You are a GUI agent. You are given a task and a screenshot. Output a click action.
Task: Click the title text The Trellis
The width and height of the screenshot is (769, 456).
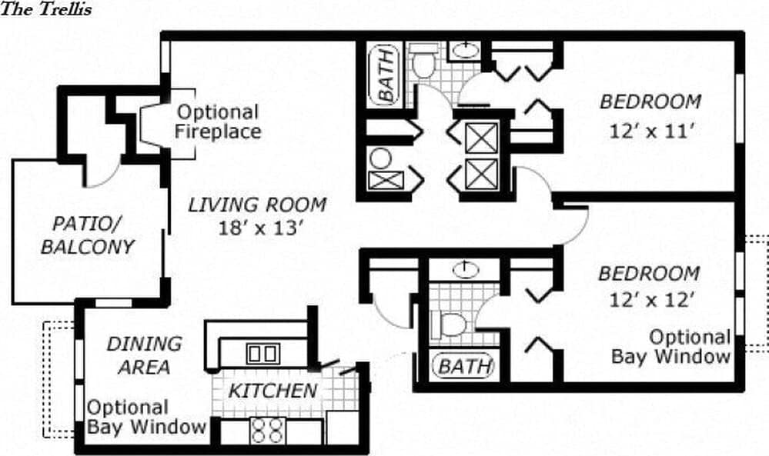click(46, 9)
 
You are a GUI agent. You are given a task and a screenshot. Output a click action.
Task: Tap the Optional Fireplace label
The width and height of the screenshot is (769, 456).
click(217, 121)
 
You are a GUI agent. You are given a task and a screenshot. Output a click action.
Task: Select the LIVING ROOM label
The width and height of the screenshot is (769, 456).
click(257, 205)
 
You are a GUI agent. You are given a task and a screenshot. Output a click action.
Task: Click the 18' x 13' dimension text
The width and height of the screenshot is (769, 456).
click(258, 228)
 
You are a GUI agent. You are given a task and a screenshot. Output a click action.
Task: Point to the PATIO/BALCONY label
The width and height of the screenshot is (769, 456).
click(87, 235)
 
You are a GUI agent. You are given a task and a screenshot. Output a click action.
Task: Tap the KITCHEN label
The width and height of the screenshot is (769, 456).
click(272, 391)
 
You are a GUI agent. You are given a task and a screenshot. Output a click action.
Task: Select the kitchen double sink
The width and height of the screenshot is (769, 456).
click(262, 354)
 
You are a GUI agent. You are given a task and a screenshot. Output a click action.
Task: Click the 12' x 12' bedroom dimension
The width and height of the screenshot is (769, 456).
click(651, 300)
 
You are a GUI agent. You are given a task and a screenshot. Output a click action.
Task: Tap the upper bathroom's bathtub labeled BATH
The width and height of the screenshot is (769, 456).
click(386, 74)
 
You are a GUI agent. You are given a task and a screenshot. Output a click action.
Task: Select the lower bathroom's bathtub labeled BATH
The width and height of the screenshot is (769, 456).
click(463, 366)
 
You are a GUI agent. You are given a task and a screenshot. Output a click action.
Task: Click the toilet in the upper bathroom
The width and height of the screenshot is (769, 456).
click(423, 62)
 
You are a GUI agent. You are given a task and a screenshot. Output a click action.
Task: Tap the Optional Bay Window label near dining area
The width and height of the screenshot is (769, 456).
click(145, 417)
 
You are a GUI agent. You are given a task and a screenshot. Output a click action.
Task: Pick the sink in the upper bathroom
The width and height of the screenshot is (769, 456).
click(463, 52)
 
